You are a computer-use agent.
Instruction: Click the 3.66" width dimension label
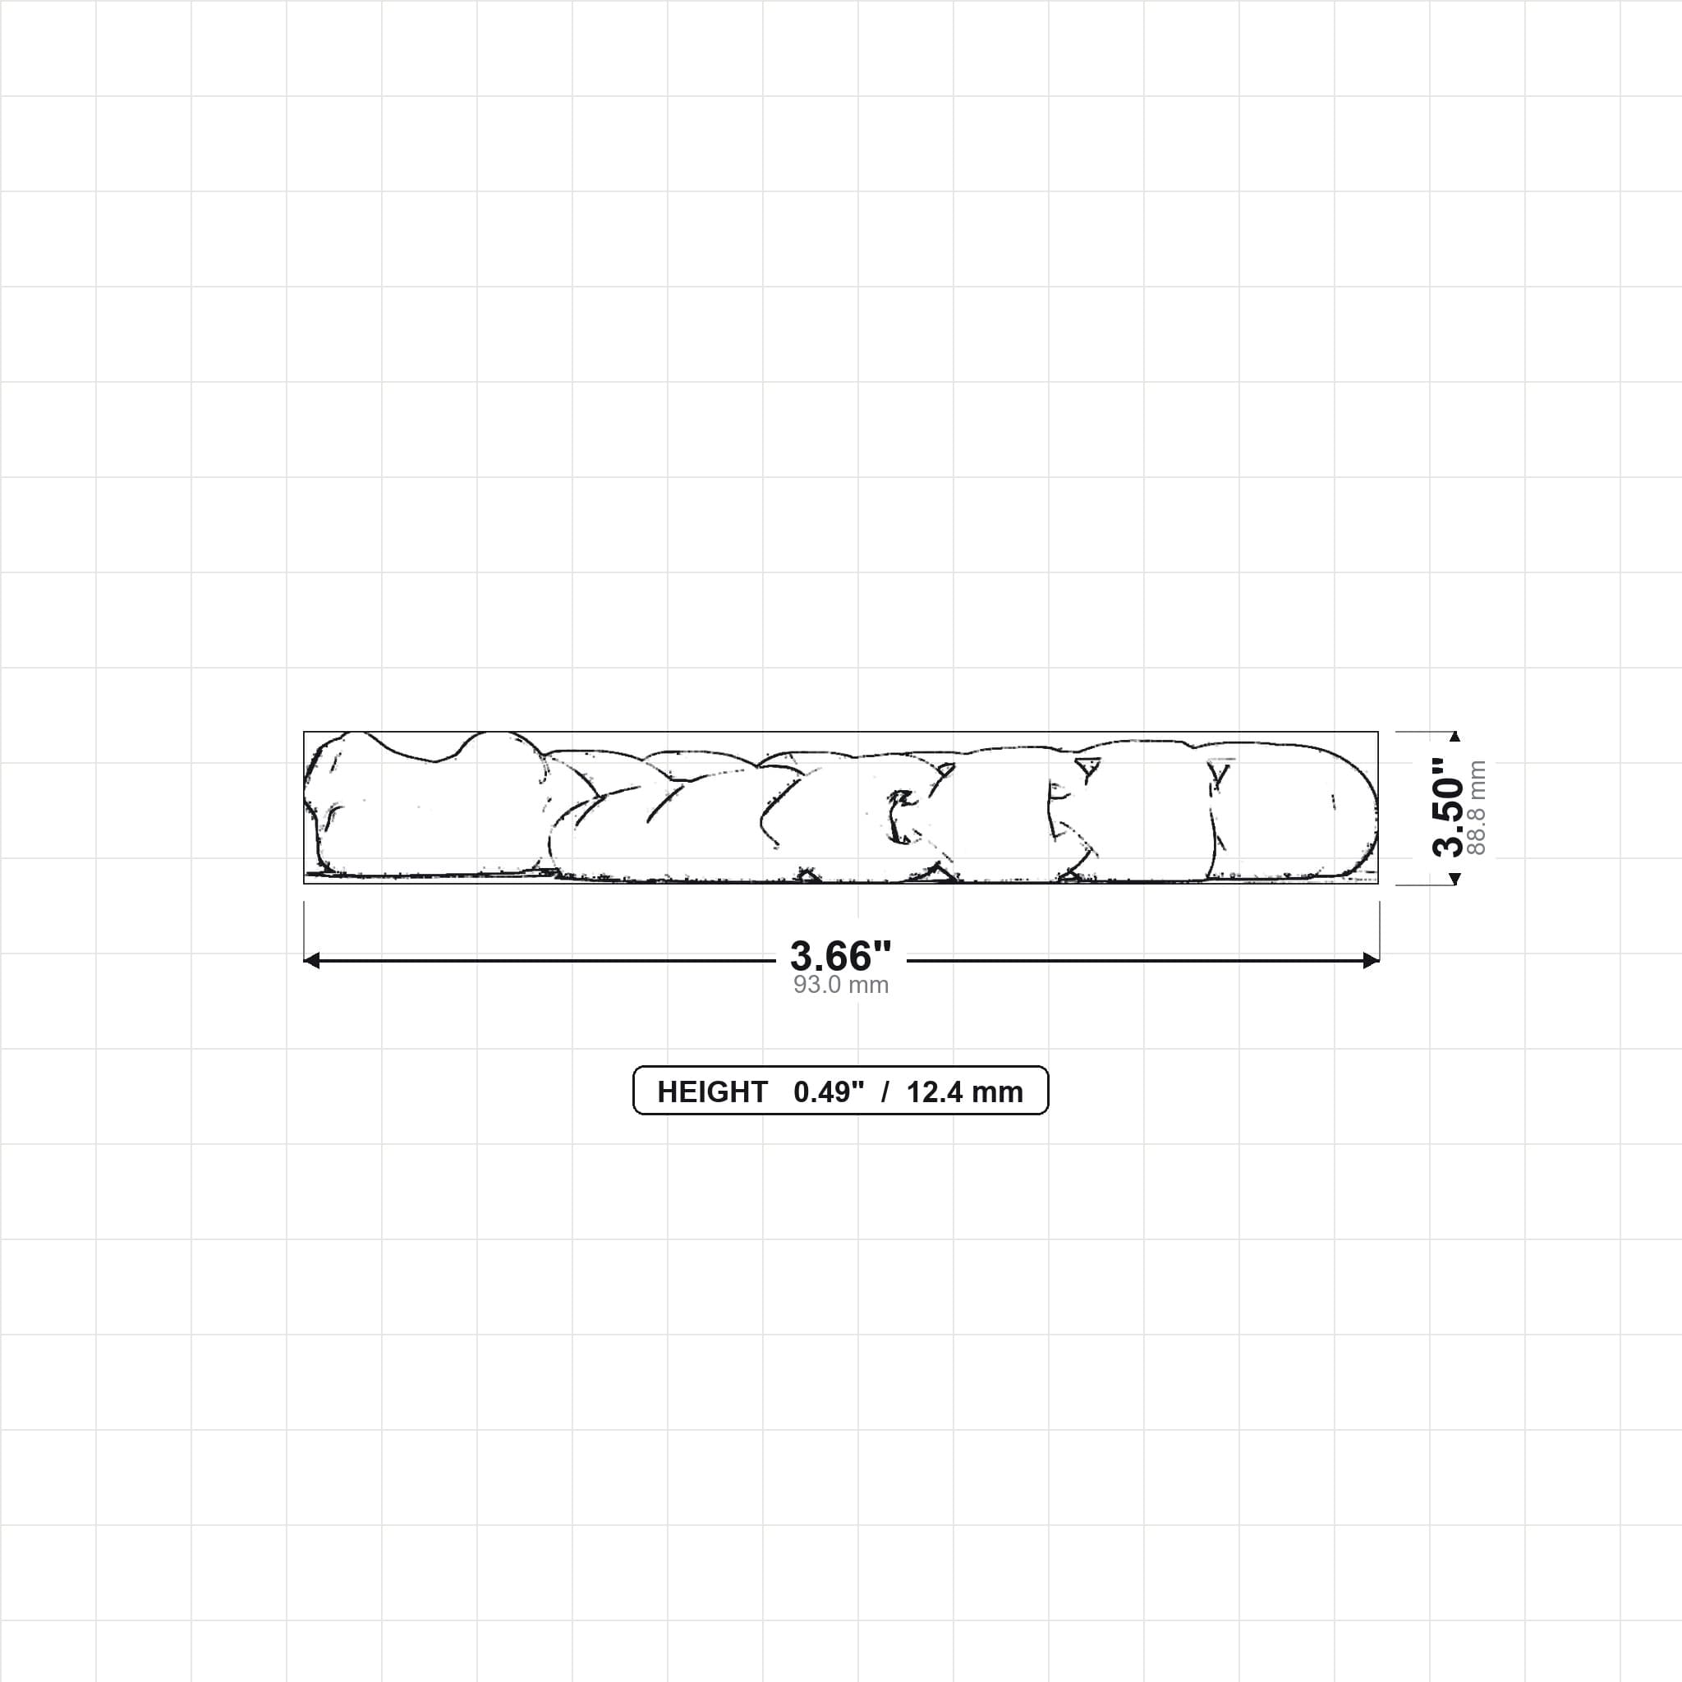pyautogui.click(x=840, y=956)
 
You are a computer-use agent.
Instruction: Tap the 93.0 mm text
pyautogui.click(x=840, y=985)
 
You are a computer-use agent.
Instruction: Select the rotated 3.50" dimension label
pyautogui.click(x=1448, y=807)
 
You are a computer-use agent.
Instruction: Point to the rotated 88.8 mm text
pyautogui.click(x=1477, y=807)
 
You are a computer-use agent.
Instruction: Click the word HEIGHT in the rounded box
pyautogui.click(x=712, y=1091)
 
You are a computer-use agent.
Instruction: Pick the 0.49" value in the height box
pyautogui.click(x=829, y=1091)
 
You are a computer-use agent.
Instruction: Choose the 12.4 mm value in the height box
pyautogui.click(x=965, y=1091)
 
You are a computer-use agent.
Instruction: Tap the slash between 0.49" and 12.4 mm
pyautogui.click(x=885, y=1091)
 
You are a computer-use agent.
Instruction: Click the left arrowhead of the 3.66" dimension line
pyautogui.click(x=311, y=960)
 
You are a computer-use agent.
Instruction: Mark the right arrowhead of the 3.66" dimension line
pyautogui.click(x=1372, y=960)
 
